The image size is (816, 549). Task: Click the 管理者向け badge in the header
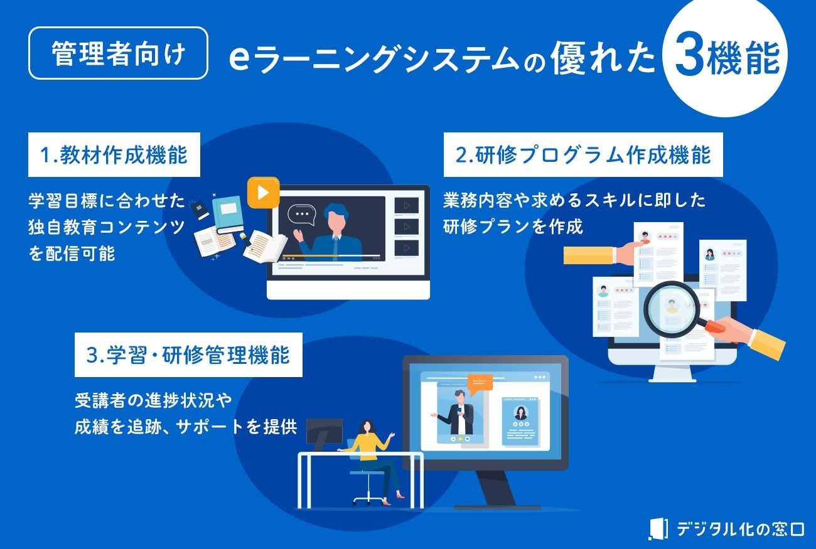(118, 53)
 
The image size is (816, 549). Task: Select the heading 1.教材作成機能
(114, 155)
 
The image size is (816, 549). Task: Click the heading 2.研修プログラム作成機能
(583, 155)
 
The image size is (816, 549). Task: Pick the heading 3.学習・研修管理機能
(188, 354)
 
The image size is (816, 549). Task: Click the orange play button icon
(264, 193)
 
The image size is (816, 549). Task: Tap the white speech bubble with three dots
(302, 215)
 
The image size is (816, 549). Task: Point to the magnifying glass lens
(672, 309)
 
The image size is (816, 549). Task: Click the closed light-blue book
(228, 215)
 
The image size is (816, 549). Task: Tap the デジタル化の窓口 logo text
(740, 529)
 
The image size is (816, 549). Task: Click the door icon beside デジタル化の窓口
(658, 528)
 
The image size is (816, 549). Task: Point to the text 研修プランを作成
(513, 227)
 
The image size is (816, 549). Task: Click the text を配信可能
(72, 253)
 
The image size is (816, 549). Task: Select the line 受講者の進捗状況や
(153, 401)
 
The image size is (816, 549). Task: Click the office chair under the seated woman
(368, 487)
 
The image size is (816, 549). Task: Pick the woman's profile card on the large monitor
(520, 421)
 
